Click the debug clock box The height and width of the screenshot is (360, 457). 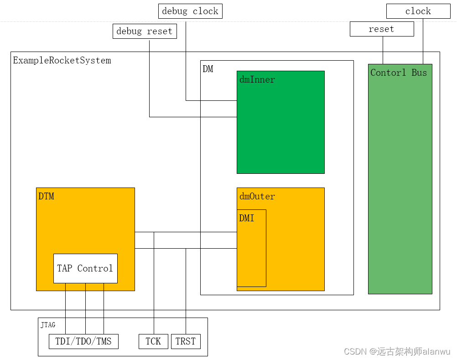[x=190, y=11]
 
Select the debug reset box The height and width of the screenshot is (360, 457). [x=145, y=31]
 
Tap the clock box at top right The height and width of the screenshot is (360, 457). [x=418, y=11]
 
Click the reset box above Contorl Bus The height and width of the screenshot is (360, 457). [x=382, y=29]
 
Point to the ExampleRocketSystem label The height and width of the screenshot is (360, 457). [x=62, y=61]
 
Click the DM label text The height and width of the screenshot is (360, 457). [x=208, y=69]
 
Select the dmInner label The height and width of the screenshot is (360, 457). [x=257, y=80]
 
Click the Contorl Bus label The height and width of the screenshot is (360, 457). [x=399, y=73]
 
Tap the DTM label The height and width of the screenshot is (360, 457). [x=47, y=197]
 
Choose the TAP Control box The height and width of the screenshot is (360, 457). [x=85, y=268]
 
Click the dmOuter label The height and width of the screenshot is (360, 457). [x=257, y=197]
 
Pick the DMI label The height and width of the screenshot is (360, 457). [x=247, y=219]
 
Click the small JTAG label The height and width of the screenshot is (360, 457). [x=48, y=325]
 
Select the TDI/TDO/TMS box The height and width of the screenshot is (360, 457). [x=83, y=341]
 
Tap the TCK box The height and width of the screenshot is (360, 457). [x=153, y=341]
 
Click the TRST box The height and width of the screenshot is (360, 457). [x=186, y=341]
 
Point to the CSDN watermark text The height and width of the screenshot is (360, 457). [x=397, y=351]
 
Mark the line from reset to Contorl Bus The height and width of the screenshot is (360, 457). [x=383, y=50]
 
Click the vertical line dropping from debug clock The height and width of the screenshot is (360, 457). [x=186, y=59]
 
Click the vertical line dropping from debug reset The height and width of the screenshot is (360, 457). [x=150, y=78]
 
